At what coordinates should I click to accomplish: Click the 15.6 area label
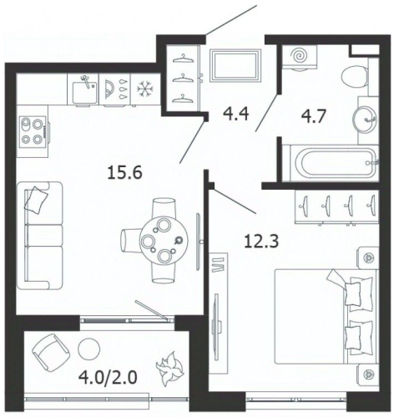(124, 173)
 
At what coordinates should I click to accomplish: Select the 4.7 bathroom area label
(313, 116)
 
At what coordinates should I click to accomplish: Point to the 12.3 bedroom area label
(261, 241)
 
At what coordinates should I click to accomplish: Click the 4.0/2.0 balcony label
(108, 378)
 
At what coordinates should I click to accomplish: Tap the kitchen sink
(84, 90)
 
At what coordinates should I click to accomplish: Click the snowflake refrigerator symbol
(145, 89)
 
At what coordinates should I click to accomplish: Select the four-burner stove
(33, 131)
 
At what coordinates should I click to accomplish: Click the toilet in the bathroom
(354, 77)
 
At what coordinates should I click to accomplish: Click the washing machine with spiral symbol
(300, 57)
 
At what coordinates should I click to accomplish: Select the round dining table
(164, 240)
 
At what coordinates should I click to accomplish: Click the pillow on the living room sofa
(36, 200)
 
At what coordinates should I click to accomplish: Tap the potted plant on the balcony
(169, 368)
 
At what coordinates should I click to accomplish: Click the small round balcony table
(89, 349)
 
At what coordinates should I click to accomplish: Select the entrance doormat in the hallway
(235, 66)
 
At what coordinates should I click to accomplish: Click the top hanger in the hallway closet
(183, 59)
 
